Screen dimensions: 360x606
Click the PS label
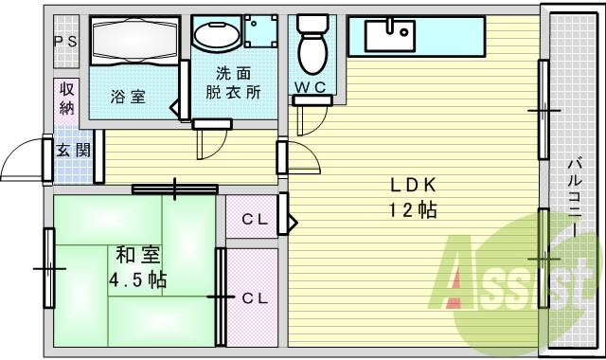(x=65, y=41)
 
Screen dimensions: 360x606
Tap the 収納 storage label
(x=66, y=98)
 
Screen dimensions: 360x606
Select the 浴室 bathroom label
(x=127, y=96)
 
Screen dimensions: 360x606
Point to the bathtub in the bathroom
(x=134, y=40)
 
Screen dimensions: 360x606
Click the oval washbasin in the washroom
(x=216, y=36)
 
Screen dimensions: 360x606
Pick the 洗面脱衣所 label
(x=234, y=82)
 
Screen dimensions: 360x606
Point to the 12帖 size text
(x=412, y=210)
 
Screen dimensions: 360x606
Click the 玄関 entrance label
(x=72, y=151)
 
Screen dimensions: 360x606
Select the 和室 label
(x=137, y=256)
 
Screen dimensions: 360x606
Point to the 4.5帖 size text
(x=138, y=280)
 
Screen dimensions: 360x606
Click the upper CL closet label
(x=253, y=221)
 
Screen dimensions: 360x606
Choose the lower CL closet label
(x=254, y=297)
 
